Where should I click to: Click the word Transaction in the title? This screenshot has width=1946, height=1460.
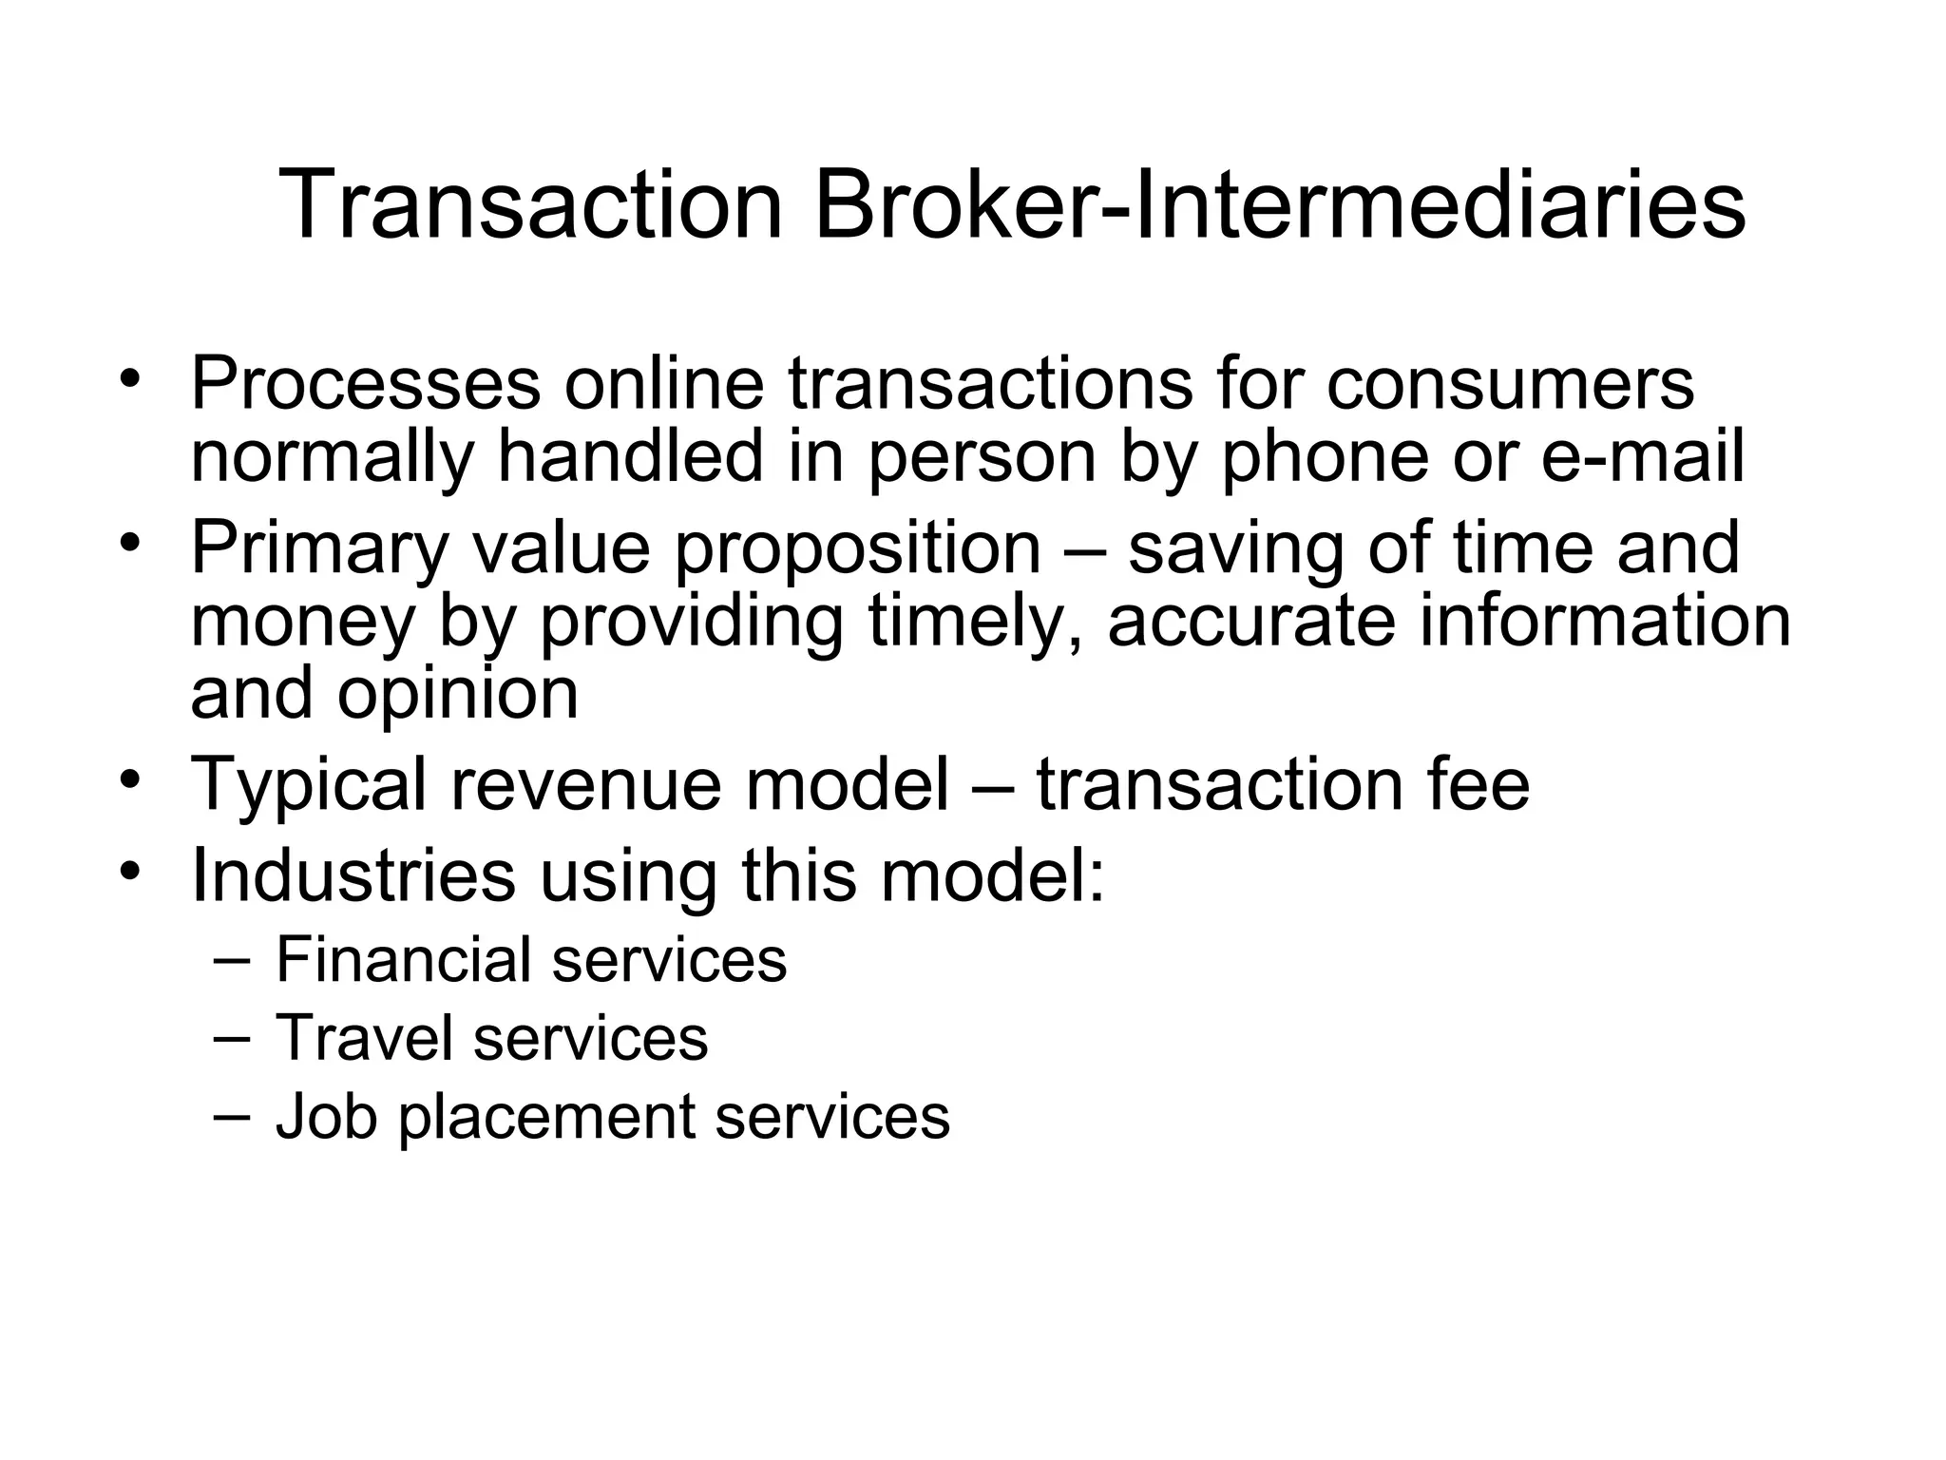530,205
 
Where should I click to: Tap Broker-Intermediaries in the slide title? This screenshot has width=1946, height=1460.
1279,205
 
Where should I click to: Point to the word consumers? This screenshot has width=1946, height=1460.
1510,384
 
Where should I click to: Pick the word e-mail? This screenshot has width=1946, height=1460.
1642,455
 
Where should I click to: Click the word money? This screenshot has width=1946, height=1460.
303,624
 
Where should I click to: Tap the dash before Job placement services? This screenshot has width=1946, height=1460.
233,1115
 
